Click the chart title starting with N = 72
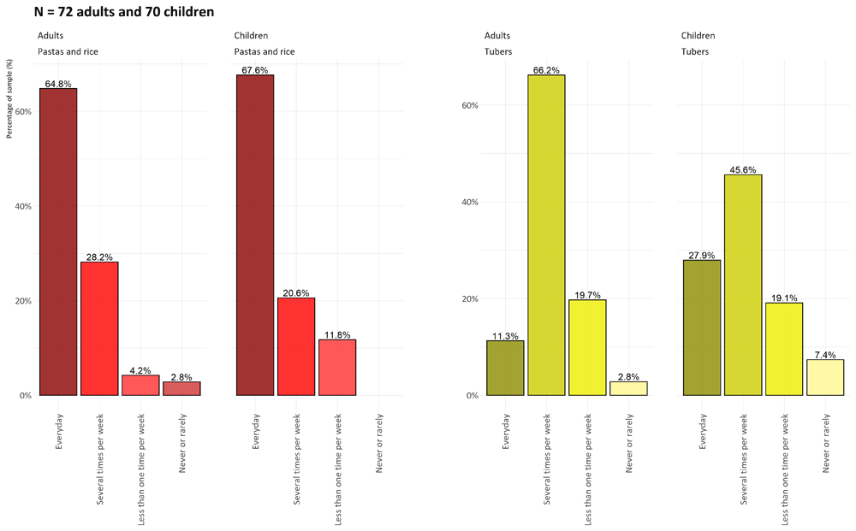tap(124, 11)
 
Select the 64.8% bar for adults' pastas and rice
tap(58, 241)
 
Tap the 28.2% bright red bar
tap(99, 328)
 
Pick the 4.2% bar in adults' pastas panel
tap(140, 385)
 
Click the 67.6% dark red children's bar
tap(255, 235)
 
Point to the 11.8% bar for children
tap(337, 368)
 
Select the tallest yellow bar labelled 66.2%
tap(546, 235)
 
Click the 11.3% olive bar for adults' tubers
tap(505, 368)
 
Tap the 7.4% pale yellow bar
tap(825, 377)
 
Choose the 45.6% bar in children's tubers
tap(743, 285)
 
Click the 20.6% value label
tap(296, 293)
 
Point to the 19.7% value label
tap(587, 295)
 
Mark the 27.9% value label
tap(702, 255)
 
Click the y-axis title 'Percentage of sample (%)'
tap(9, 98)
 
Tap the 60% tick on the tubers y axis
tap(470, 105)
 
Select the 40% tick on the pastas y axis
tap(23, 206)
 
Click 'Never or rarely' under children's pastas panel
tap(379, 443)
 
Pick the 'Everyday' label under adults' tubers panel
tap(506, 431)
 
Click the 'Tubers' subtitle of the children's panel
tap(695, 51)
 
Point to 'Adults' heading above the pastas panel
tap(51, 35)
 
